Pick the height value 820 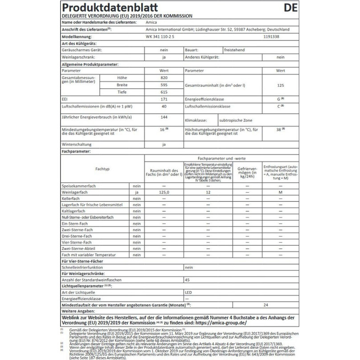click(164, 77)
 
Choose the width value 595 click(164, 85)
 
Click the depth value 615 click(164, 92)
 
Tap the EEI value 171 click(164, 99)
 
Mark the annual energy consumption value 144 click(164, 117)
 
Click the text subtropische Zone click(236, 121)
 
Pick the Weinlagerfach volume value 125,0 click(164, 192)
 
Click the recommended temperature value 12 click(208, 192)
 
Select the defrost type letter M click(280, 192)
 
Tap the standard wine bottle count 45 click(187, 279)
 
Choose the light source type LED click(188, 291)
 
